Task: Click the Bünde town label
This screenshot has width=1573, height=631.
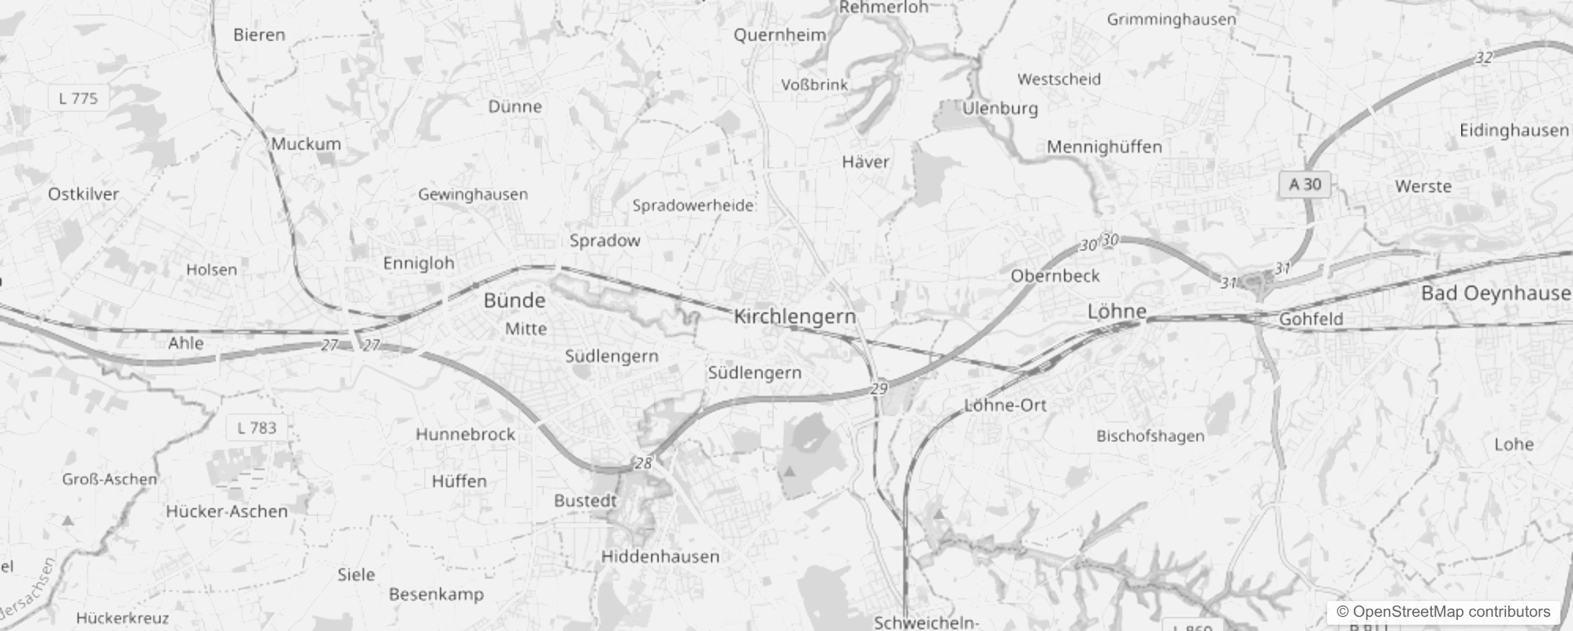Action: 514,301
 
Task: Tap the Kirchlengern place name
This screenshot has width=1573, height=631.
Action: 794,316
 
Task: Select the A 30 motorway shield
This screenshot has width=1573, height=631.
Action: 1304,185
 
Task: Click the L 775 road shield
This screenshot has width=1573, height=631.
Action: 78,99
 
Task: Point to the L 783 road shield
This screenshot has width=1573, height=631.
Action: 257,428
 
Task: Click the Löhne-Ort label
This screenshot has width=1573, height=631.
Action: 1005,405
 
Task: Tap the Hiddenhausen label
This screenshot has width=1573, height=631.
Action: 660,557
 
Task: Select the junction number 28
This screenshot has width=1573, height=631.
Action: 643,463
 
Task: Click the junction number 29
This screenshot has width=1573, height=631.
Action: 879,388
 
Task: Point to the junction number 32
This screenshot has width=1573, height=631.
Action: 1484,58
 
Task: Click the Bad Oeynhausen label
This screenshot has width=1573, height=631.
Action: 1495,293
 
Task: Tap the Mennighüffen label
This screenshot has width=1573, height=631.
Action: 1104,147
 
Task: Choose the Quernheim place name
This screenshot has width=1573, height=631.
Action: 779,35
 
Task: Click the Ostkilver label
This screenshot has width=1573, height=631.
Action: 84,194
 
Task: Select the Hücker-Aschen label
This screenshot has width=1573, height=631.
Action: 227,512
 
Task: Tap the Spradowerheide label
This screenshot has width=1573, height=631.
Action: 693,206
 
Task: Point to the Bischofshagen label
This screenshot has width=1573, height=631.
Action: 1150,436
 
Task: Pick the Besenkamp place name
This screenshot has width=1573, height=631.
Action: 436,595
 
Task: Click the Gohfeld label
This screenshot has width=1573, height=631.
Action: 1311,319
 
